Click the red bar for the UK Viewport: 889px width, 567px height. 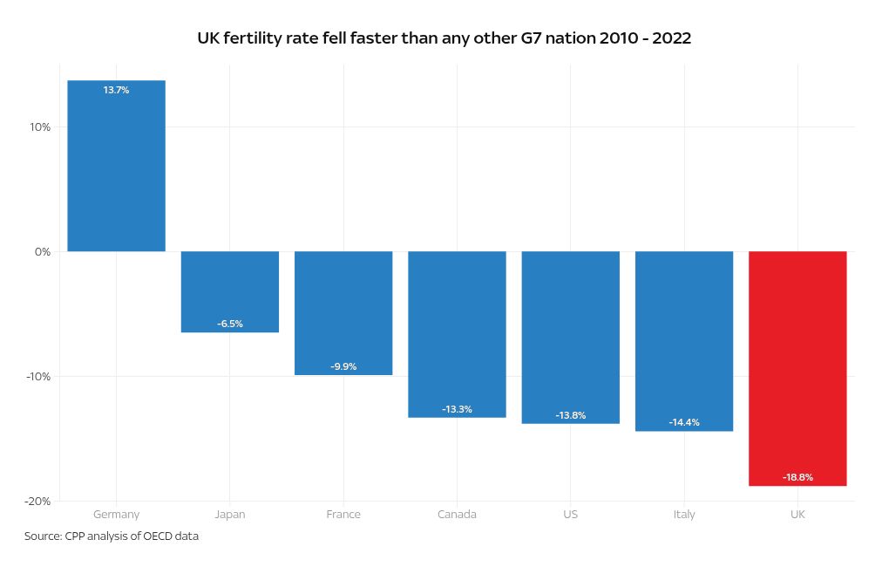pyautogui.click(x=797, y=368)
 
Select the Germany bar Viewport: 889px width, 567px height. pyautogui.click(x=116, y=166)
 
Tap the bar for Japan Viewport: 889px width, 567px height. pyautogui.click(x=230, y=291)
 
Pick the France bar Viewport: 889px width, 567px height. pyautogui.click(x=343, y=312)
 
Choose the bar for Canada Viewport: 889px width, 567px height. pyautogui.click(x=457, y=334)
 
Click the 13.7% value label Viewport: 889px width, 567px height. pyautogui.click(x=116, y=90)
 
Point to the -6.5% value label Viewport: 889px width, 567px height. pyautogui.click(x=230, y=324)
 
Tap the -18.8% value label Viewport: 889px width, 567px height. pyautogui.click(x=797, y=477)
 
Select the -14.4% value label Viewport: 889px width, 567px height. pyautogui.click(x=684, y=422)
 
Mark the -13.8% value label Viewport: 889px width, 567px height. pyautogui.click(x=571, y=415)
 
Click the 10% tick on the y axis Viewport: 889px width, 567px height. pyautogui.click(x=40, y=127)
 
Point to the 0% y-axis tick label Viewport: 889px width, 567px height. pyautogui.click(x=43, y=252)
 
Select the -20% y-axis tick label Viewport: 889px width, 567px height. pyautogui.click(x=38, y=502)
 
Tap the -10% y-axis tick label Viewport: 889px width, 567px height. pyautogui.click(x=38, y=377)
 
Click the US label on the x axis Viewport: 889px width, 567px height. pyautogui.click(x=571, y=515)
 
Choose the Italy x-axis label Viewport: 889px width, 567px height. pyautogui.click(x=684, y=515)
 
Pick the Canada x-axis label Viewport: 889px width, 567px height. pyautogui.click(x=457, y=515)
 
